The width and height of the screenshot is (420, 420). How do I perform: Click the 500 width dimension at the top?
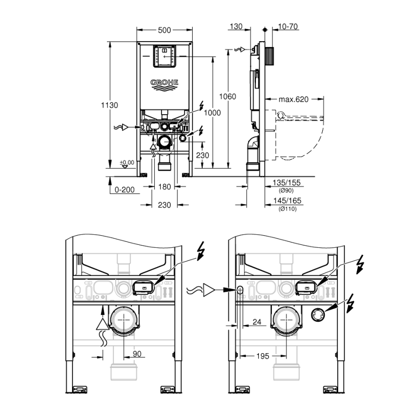point(165,30)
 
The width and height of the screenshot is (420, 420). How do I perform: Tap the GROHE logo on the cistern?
point(165,83)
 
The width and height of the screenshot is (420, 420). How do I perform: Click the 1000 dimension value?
point(212,113)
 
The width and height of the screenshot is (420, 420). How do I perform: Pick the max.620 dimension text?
point(293,99)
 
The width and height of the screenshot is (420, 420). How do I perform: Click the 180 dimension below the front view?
point(165,187)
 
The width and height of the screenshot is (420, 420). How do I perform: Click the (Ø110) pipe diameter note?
point(288,209)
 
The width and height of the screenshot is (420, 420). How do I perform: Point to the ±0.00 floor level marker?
point(127,163)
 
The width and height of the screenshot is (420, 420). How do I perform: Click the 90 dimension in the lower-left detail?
point(137,354)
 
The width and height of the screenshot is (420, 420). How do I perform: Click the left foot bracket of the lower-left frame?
point(79,389)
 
